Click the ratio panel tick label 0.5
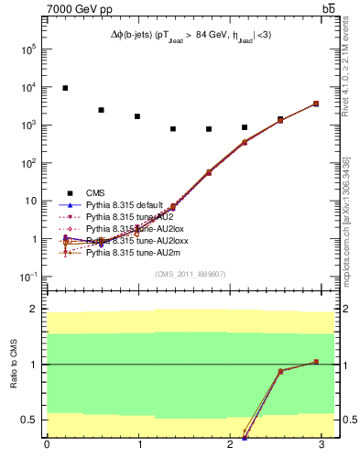[x=30, y=420]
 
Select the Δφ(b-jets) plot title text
[x=191, y=33]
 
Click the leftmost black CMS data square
[x=65, y=88]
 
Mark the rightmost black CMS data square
[x=316, y=104]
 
